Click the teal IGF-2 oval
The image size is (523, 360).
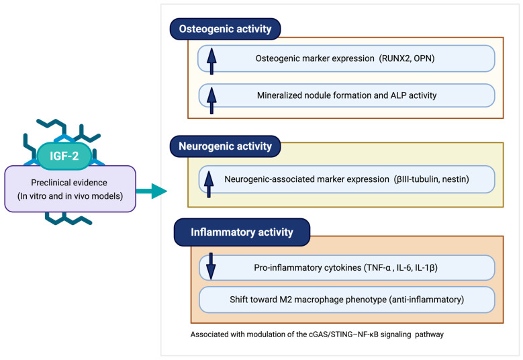(64, 156)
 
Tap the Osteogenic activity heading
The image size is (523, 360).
(225, 29)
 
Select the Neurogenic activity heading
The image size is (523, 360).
(225, 146)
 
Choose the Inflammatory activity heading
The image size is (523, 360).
(242, 232)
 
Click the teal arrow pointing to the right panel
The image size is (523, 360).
(152, 191)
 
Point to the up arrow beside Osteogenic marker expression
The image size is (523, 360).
(211, 61)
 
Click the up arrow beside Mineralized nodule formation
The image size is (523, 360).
(211, 101)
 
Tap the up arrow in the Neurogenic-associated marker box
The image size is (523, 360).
(209, 184)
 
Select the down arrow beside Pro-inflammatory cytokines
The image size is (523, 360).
(211, 266)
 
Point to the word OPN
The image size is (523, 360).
(422, 58)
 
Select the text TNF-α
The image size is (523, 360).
(378, 267)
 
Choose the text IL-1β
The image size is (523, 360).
(424, 267)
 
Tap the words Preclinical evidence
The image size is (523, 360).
(69, 183)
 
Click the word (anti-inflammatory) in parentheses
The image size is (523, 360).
(426, 300)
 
